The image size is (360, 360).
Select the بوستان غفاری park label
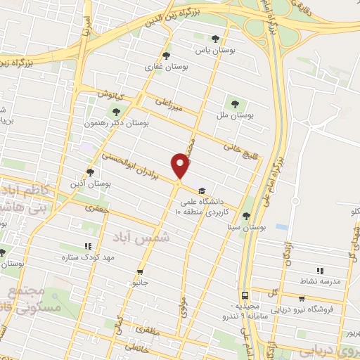click(x=166, y=67)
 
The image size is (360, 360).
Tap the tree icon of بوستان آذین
click(x=90, y=172)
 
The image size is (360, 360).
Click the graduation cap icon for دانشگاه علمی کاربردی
click(x=202, y=191)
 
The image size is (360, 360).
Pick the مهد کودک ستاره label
click(x=88, y=258)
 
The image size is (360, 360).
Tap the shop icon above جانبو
click(x=141, y=271)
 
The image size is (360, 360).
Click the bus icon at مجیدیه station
click(x=245, y=296)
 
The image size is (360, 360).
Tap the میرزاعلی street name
click(x=170, y=105)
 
